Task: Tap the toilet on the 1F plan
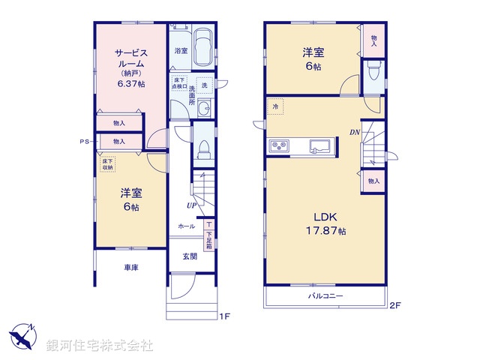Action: (202, 149)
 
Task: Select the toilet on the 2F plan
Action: (374, 73)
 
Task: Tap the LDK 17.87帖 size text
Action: (325, 231)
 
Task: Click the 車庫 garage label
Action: (131, 267)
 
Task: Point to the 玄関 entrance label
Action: (189, 256)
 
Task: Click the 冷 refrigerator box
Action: (275, 108)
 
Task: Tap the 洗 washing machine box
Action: (202, 85)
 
